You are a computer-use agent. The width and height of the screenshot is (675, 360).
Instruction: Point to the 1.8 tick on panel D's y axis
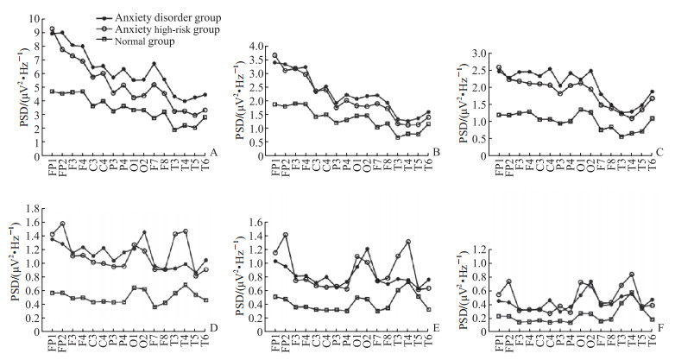pos(35,208)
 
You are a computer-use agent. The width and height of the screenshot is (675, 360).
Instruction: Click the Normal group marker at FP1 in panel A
pos(52,91)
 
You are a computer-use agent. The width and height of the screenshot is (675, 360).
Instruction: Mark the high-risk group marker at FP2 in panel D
pos(63,224)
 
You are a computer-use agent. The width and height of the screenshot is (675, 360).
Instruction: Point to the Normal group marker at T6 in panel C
pos(652,118)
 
